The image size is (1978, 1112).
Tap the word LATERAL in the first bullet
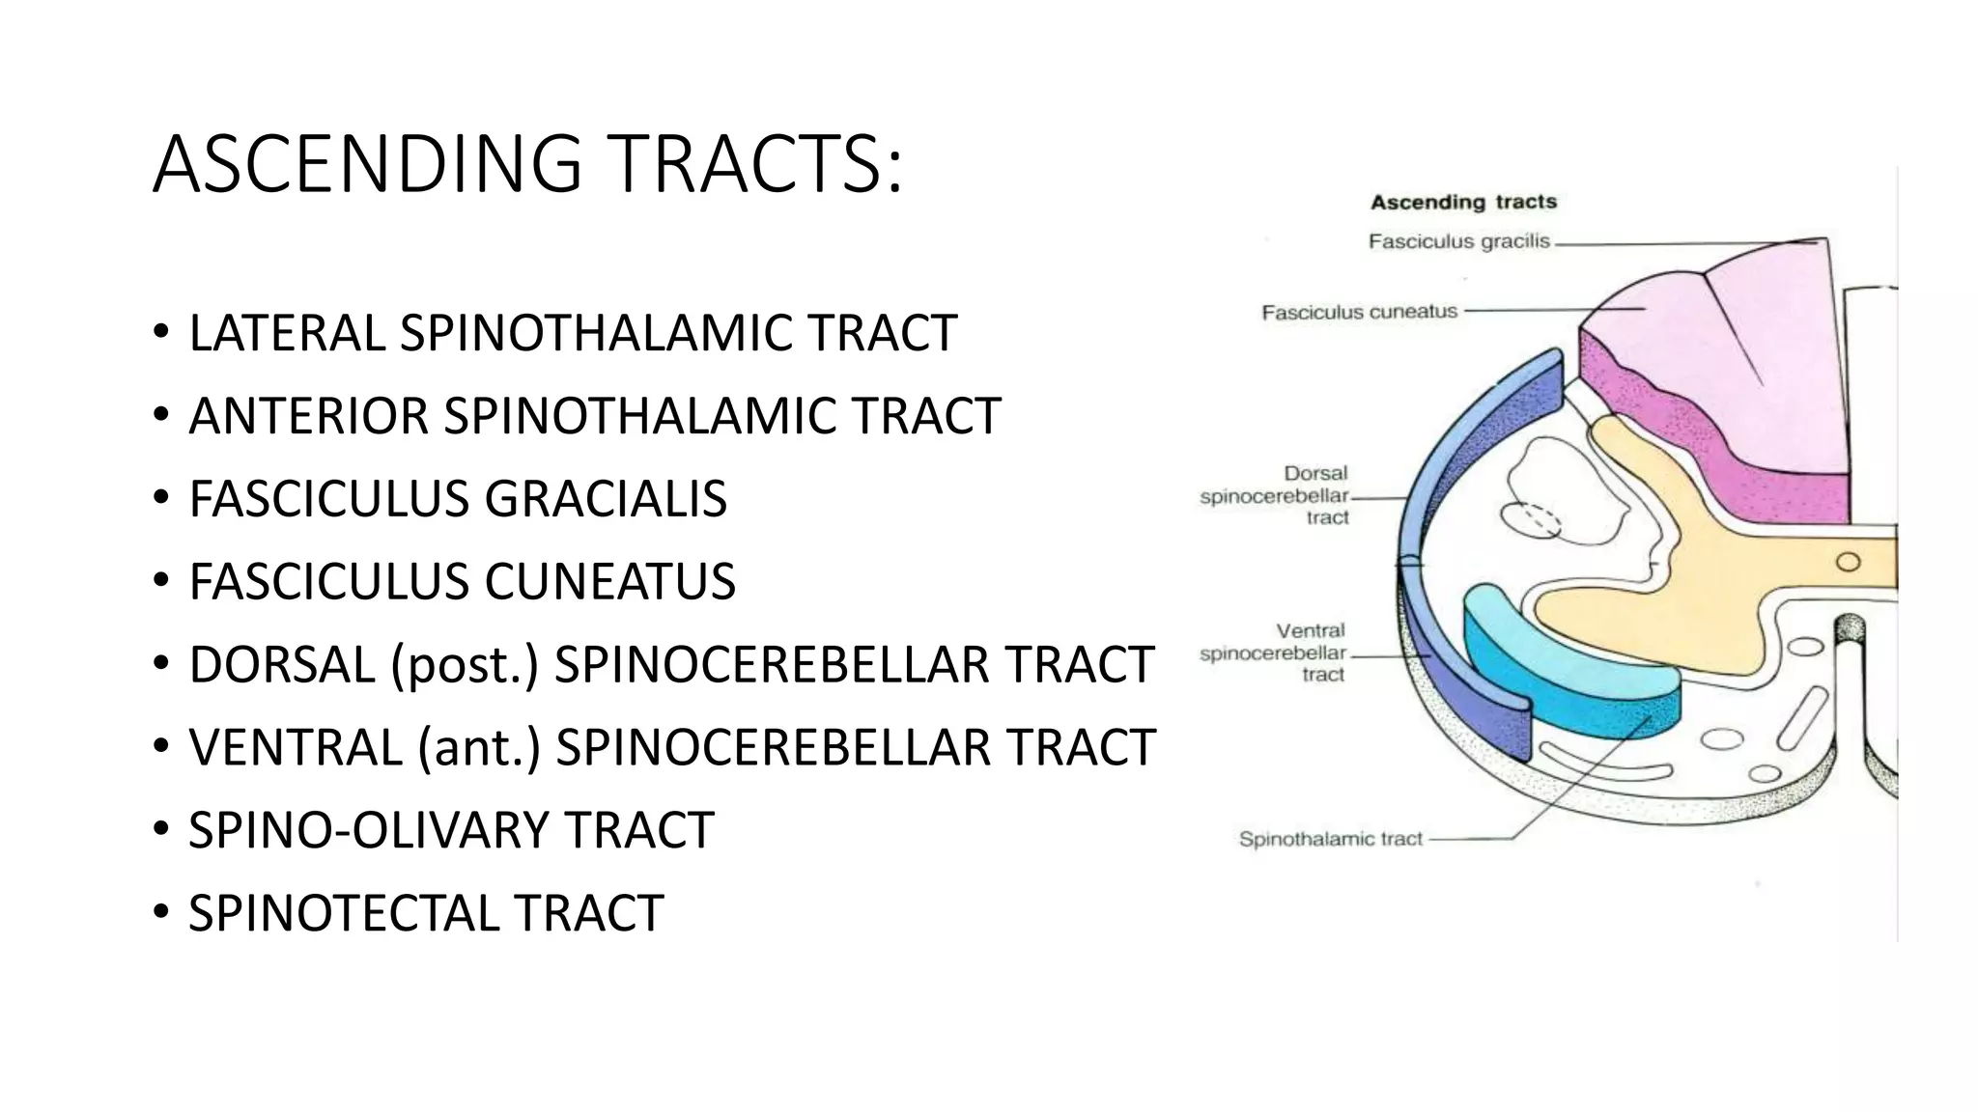click(287, 334)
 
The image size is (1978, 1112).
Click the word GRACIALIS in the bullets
click(606, 500)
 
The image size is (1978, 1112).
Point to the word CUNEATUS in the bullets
click(609, 583)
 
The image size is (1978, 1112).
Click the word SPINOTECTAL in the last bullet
click(343, 914)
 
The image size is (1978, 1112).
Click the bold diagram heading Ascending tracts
click(1463, 202)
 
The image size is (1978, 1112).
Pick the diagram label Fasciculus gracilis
click(1458, 241)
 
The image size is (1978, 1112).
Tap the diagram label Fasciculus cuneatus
click(1359, 312)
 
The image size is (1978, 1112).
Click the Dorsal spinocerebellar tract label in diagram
click(1275, 495)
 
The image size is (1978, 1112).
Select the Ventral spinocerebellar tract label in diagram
click(1273, 653)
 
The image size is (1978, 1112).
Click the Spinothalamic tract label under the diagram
click(1330, 839)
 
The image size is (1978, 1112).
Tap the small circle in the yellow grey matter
click(1848, 562)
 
